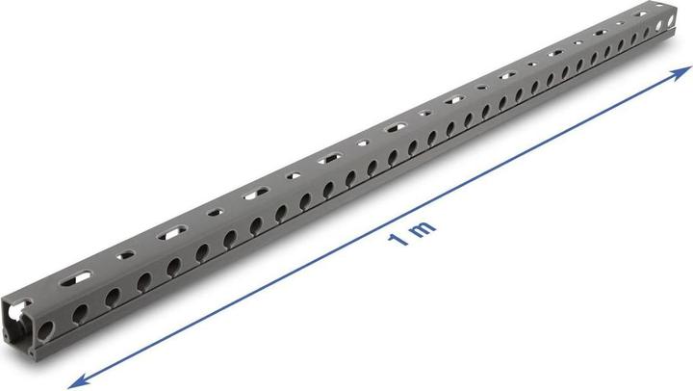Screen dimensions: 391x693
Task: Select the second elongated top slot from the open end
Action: (174, 230)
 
